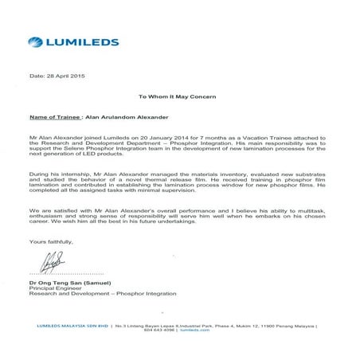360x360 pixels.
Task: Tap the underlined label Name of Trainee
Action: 57,115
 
